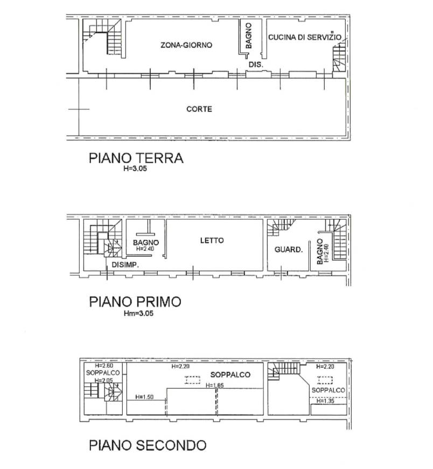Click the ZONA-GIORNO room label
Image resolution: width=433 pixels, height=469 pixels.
pos(186,45)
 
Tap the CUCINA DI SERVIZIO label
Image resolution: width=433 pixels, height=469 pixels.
pos(305,37)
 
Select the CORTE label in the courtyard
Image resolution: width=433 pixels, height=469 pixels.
pos(199,109)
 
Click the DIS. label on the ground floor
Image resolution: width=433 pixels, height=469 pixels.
pos(256,64)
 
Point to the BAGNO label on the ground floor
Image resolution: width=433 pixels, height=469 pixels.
pos(249,36)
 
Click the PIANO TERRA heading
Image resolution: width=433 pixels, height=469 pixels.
pos(136,158)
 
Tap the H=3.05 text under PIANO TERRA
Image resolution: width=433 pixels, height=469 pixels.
pos(135,169)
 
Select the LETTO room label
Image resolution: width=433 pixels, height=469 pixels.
pos(212,241)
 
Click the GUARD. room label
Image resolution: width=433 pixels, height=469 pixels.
pos(289,249)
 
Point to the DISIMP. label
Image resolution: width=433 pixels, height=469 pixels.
pos(125,265)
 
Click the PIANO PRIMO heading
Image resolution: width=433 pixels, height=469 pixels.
pos(135,302)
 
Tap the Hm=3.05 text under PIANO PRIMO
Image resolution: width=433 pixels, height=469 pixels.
pos(138,313)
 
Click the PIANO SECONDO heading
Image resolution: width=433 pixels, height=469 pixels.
pos(148,445)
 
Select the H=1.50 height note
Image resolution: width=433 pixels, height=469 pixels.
pos(144,397)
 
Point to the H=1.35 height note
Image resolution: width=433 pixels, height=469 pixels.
pos(326,401)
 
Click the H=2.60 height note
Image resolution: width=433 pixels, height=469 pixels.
pos(104,366)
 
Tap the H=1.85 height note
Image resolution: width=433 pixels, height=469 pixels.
pos(214,386)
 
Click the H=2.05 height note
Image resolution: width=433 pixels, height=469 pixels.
pos(104,380)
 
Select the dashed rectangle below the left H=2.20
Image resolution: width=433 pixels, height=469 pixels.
pos(193,380)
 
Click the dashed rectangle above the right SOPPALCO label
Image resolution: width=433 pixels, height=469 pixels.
pos(325,380)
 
